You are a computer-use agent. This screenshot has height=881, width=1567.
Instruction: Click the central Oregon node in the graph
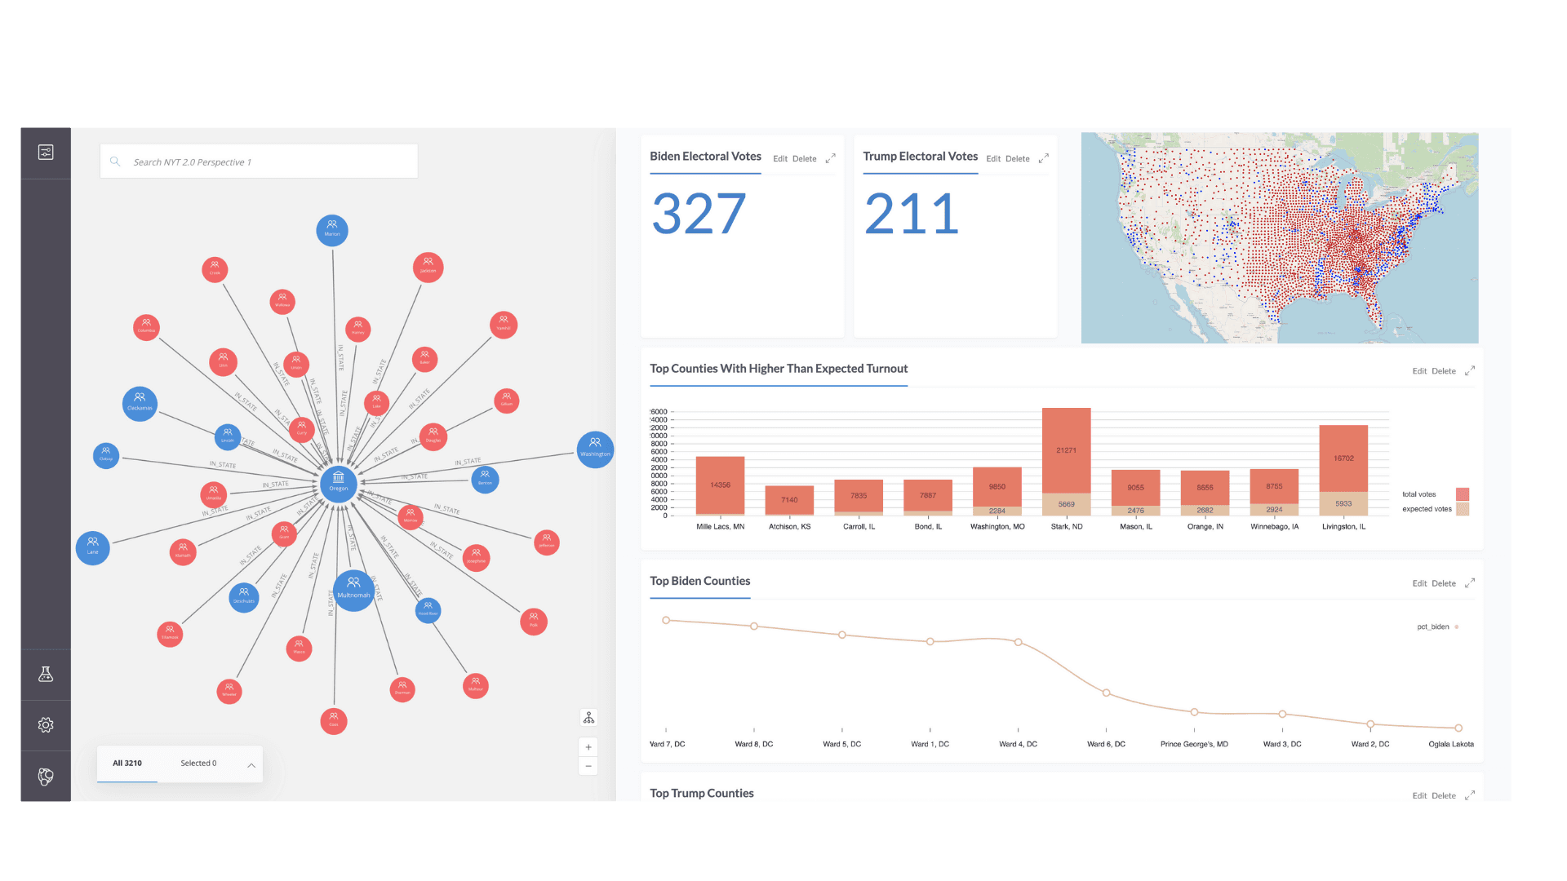[x=338, y=481]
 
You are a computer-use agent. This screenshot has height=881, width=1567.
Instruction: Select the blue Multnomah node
[x=353, y=589]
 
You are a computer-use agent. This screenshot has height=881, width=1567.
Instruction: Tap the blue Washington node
[x=595, y=449]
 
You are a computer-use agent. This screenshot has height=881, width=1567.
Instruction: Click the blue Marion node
[x=332, y=230]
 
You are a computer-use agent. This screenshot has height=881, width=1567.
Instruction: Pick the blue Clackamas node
[x=140, y=403]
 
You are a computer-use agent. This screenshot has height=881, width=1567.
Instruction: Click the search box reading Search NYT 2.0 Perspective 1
[x=259, y=162]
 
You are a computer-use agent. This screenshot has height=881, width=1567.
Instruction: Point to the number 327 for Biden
[x=699, y=214]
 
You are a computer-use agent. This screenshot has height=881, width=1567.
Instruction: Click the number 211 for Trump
[x=912, y=214]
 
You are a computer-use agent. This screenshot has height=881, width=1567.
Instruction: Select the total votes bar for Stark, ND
[x=1066, y=450]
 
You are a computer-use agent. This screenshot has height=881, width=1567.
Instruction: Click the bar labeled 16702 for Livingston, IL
[x=1343, y=458]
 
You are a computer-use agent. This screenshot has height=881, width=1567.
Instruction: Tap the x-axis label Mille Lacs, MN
[x=720, y=527]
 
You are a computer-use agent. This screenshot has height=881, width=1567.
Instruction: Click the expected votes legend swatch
[x=1463, y=509]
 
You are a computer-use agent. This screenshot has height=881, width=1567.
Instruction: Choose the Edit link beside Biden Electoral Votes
[x=780, y=159]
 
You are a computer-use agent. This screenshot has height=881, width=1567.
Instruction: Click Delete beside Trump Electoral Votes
[x=1018, y=159]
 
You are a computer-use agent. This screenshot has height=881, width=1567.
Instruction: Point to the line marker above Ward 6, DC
[x=1106, y=693]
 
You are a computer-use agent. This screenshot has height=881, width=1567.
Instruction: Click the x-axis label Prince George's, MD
[x=1194, y=744]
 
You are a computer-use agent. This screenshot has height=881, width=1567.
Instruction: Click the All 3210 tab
[x=127, y=764]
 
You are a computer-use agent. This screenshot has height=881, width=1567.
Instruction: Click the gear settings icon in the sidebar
[x=46, y=725]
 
